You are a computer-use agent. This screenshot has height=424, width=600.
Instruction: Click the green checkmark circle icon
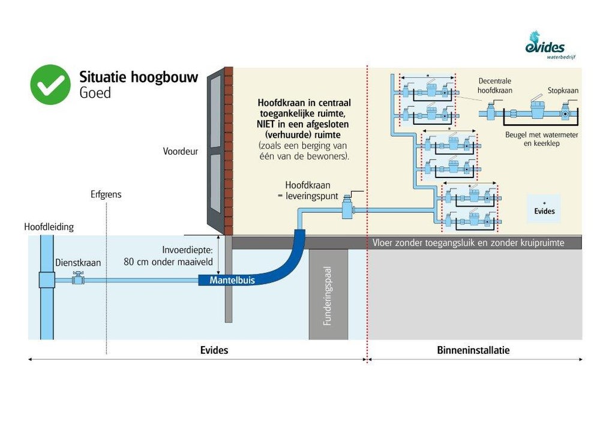(50, 85)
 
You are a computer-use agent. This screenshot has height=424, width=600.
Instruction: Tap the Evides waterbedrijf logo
(545, 46)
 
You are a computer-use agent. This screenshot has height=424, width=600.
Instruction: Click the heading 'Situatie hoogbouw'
(139, 77)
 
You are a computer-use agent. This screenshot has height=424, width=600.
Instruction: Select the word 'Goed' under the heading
(95, 93)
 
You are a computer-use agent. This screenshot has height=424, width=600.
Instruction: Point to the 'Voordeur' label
(181, 152)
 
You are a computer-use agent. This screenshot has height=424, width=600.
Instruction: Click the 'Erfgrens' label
(106, 195)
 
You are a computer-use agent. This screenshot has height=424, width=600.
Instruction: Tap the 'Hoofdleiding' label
(49, 227)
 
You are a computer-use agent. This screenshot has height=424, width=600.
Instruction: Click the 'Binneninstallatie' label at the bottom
(473, 350)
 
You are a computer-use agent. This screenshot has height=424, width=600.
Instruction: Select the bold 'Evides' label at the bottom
(214, 350)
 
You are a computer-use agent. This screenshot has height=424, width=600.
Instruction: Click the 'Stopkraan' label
(563, 91)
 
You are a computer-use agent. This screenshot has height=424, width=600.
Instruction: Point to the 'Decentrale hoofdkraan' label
(495, 86)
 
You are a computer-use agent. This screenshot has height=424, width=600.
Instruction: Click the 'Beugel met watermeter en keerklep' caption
(542, 140)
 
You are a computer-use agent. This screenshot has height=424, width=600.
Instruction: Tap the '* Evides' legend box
(544, 208)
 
